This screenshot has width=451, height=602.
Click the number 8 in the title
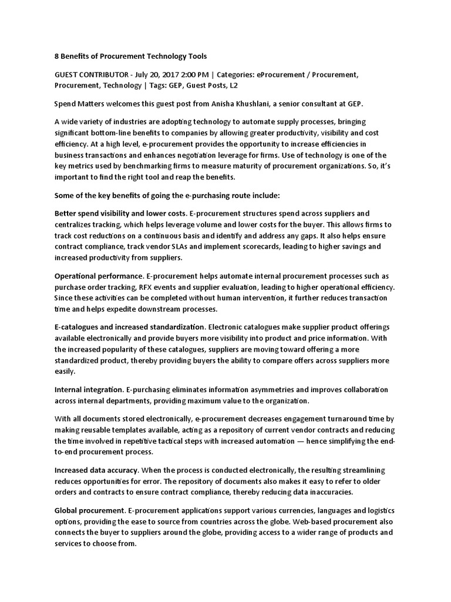[57, 56]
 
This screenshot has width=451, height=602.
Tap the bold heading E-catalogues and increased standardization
[130, 326]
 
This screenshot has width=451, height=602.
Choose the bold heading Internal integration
[89, 390]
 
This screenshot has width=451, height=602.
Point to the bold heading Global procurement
[89, 510]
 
